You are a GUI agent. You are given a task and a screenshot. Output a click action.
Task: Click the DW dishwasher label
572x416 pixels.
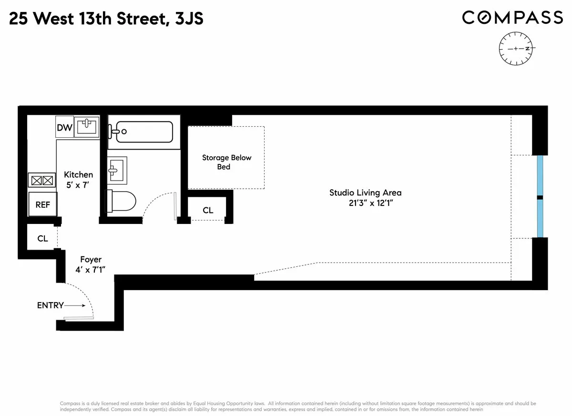pos(64,127)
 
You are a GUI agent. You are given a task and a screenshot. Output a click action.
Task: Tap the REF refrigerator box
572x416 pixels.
pos(43,204)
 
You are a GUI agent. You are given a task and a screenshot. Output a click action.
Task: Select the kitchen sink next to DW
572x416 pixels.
pos(87,127)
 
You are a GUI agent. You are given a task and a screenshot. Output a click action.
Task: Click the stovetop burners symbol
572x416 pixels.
pos(42,181)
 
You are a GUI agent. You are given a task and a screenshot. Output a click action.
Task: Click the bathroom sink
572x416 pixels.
pos(116,169)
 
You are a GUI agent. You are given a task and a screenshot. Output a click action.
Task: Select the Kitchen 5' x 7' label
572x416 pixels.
pos(78,179)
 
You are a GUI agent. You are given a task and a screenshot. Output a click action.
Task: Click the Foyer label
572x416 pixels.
pos(91,260)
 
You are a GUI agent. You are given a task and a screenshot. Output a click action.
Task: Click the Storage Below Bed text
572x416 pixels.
pos(226,162)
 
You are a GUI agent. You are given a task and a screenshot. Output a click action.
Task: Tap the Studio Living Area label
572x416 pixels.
pos(365,193)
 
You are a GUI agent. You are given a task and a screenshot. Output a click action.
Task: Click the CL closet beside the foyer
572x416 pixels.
pos(42,238)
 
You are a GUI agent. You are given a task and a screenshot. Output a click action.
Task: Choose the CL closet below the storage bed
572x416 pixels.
pos(208,210)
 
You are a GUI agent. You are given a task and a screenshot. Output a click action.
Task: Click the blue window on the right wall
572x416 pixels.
pos(540,196)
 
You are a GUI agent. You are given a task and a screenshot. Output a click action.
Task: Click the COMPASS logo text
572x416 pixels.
pos(512,18)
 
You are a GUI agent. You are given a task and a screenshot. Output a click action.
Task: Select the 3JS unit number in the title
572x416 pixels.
pos(189,19)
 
